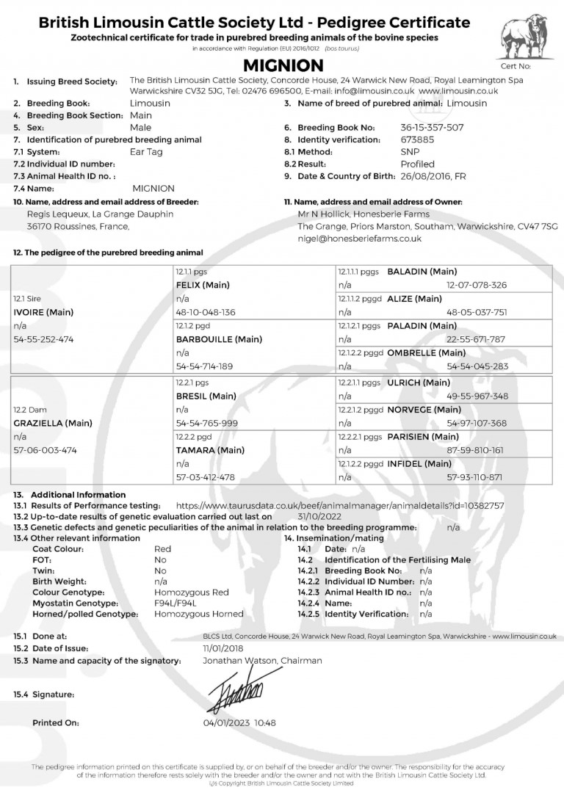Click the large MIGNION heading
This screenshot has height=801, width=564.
[x=281, y=66]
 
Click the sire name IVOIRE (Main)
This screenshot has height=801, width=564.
[x=43, y=312]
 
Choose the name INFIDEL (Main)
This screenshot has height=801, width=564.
[x=419, y=464]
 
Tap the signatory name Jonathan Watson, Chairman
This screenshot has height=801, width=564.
[x=262, y=661]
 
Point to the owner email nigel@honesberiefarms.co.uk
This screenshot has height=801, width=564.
[x=359, y=239]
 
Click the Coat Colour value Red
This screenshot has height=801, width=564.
[x=162, y=549]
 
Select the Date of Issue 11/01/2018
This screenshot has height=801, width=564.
[x=224, y=649]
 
